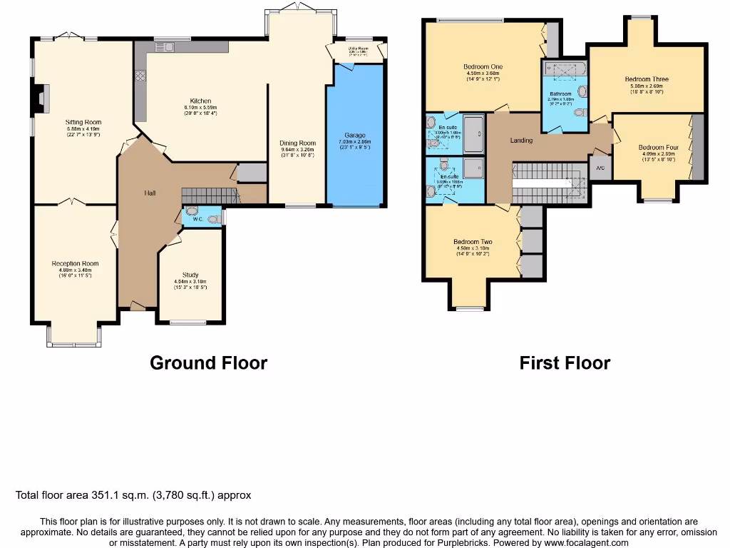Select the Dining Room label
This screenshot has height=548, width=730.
pos(297,143)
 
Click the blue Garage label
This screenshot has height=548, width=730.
pos(355,135)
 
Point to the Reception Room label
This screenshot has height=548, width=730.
pos(75,263)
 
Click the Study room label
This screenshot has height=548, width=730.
pos(190,275)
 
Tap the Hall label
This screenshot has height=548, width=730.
pos(149,193)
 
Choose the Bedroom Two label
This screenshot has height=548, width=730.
pos(473,242)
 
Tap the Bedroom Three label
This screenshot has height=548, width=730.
pos(647,79)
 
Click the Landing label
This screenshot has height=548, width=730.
pos(521,140)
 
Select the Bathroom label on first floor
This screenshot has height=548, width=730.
pos(560,94)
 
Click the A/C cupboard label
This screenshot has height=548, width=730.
pos(600,168)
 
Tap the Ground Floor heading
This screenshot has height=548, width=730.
pos(208,362)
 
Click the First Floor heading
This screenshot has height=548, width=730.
pos(565,362)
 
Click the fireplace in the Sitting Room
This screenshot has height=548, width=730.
pos(41,99)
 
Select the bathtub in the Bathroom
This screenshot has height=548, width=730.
pos(564,69)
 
